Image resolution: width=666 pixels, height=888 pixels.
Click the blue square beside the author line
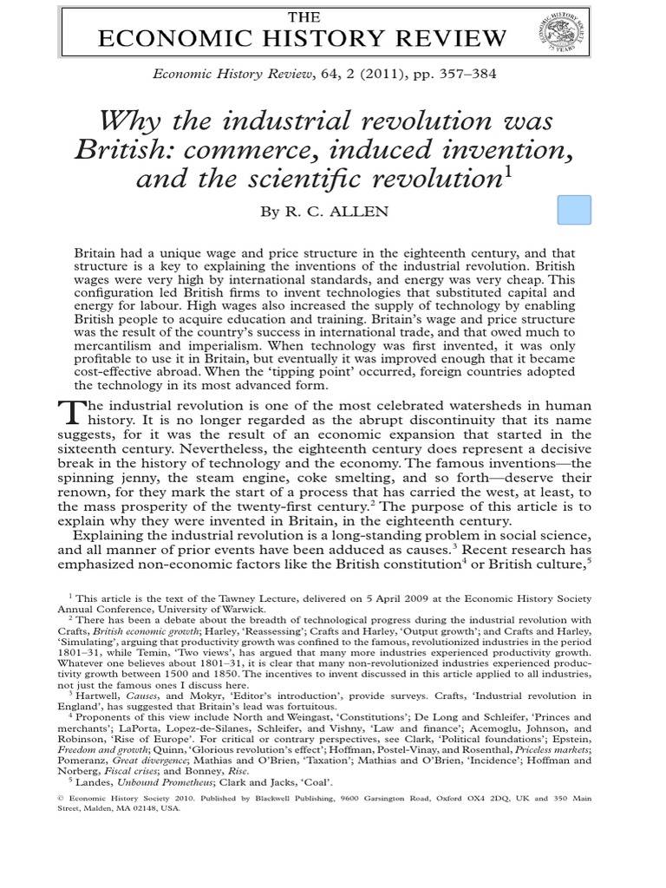pos(573,211)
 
